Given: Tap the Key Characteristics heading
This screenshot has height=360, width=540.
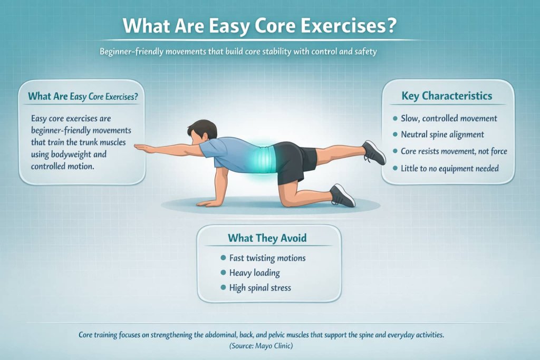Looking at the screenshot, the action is click(x=447, y=96).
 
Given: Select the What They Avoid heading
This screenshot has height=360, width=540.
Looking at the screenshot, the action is click(x=267, y=238).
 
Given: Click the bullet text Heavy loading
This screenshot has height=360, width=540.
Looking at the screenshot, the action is click(x=255, y=273).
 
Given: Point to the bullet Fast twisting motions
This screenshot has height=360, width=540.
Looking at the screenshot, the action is click(x=267, y=258).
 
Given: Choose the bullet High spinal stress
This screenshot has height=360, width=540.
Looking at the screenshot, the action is click(x=260, y=288).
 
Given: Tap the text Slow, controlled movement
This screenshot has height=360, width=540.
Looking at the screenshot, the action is click(x=449, y=118).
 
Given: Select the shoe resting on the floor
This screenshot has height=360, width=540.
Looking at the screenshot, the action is click(x=342, y=196).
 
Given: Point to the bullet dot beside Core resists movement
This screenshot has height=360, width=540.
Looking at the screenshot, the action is click(x=396, y=152).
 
